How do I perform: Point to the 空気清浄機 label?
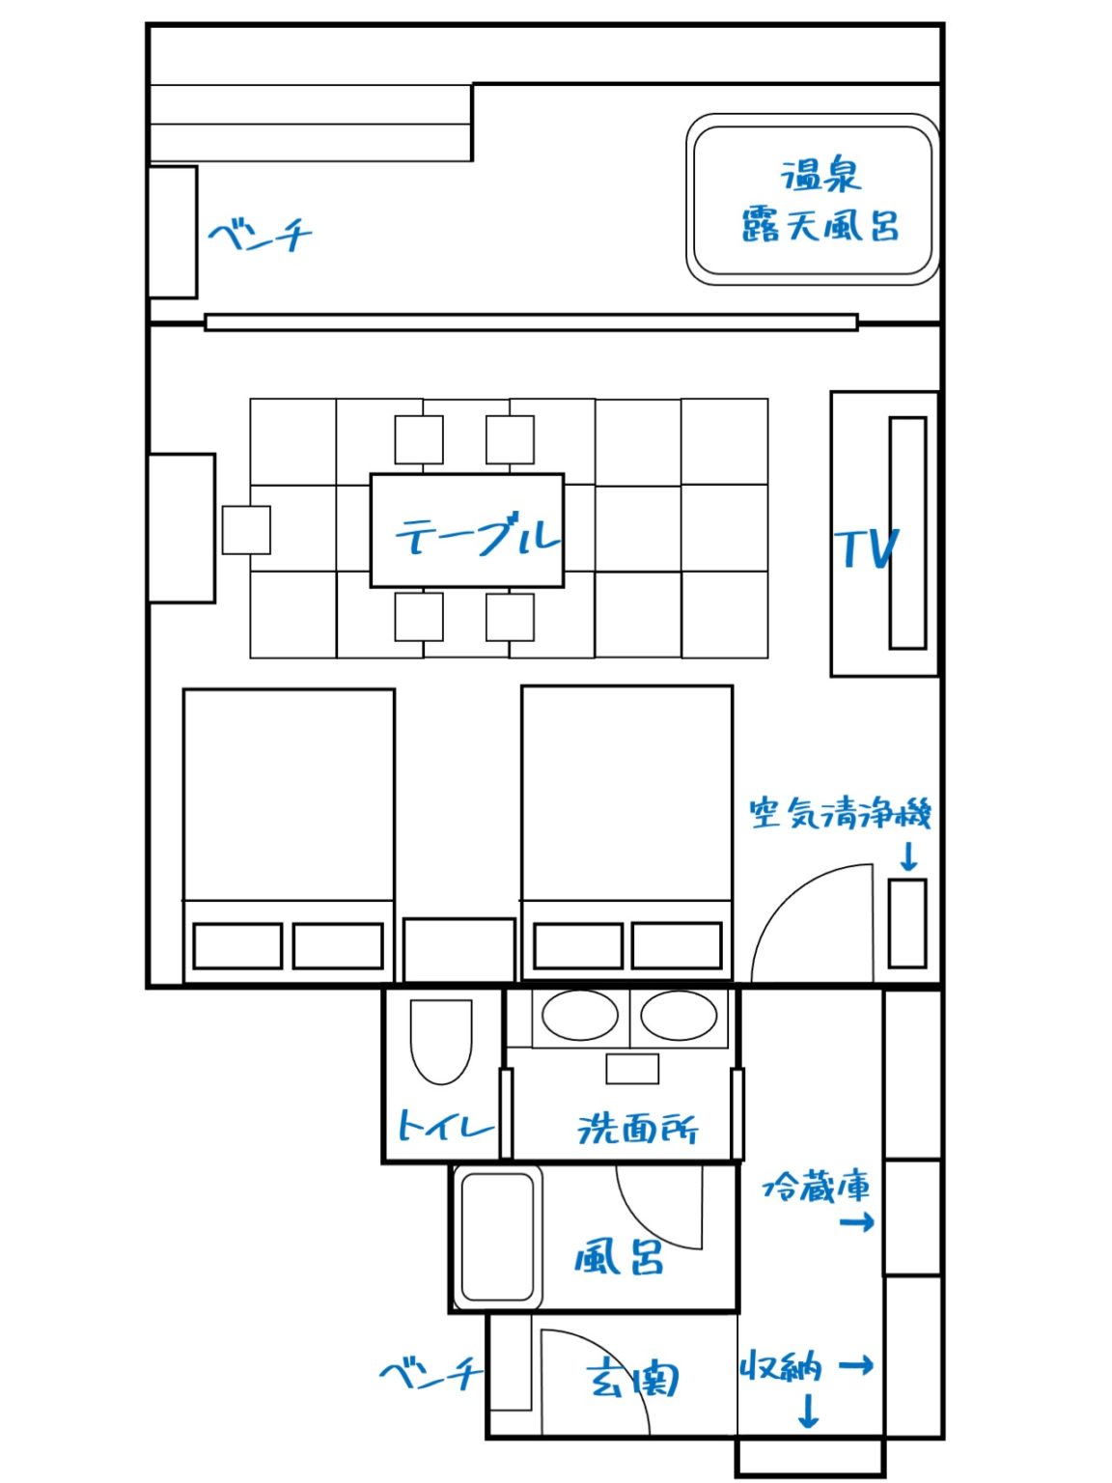click(840, 814)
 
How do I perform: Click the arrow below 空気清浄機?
click(908, 857)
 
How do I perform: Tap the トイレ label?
click(445, 1125)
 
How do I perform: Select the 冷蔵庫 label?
click(816, 1188)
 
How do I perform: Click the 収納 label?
click(781, 1367)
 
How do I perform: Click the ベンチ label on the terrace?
click(260, 237)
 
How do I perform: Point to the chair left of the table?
click(246, 530)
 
